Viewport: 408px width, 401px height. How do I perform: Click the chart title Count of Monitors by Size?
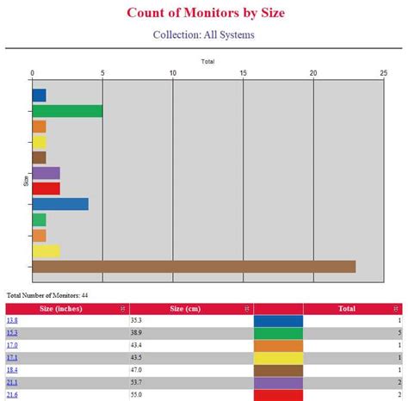(x=204, y=13)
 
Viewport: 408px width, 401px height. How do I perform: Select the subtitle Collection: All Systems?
(x=204, y=35)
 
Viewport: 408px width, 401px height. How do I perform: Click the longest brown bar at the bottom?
(x=194, y=266)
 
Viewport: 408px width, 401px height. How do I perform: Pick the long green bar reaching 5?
(x=67, y=111)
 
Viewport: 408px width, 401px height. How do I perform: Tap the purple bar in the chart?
(x=46, y=173)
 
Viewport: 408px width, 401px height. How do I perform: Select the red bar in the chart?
(x=46, y=188)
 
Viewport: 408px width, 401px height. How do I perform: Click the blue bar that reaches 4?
(x=60, y=204)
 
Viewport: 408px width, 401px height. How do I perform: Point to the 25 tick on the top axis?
(x=383, y=73)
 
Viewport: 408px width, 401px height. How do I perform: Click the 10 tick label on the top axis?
(x=173, y=73)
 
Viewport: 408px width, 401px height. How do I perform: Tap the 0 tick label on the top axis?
(x=33, y=73)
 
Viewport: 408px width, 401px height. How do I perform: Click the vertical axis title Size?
(x=26, y=181)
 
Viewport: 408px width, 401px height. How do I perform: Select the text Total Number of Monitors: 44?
(x=47, y=295)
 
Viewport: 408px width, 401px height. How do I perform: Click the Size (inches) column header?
(x=63, y=308)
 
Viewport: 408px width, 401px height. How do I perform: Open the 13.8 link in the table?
(x=11, y=320)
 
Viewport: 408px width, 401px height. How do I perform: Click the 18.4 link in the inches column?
(x=11, y=369)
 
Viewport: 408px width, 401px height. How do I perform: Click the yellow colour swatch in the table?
(x=278, y=357)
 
